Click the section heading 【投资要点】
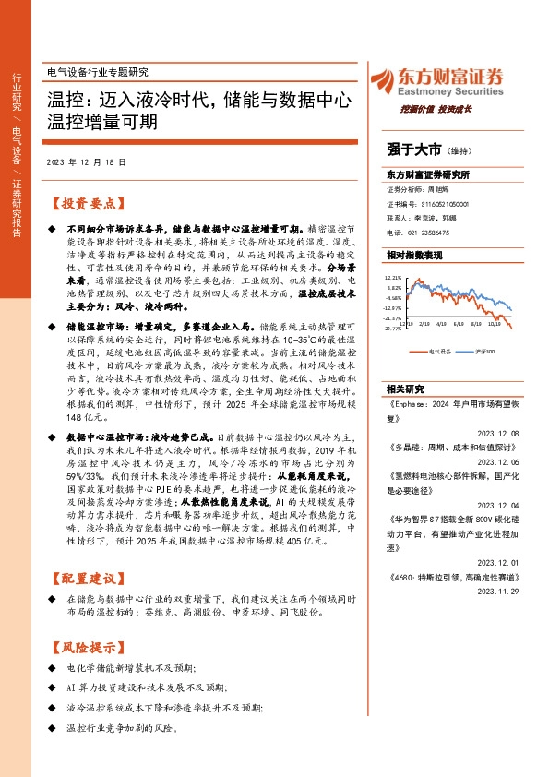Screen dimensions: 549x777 pyautogui.click(x=88, y=204)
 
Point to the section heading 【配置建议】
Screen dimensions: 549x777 pyautogui.click(x=88, y=578)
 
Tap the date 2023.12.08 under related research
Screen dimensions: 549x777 pyautogui.click(x=498, y=433)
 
